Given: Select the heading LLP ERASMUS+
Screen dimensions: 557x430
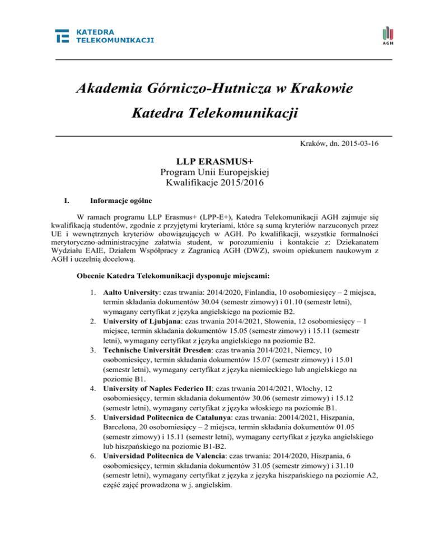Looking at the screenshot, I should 215,161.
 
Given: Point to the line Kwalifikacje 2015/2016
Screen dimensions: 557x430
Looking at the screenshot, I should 215,183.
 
